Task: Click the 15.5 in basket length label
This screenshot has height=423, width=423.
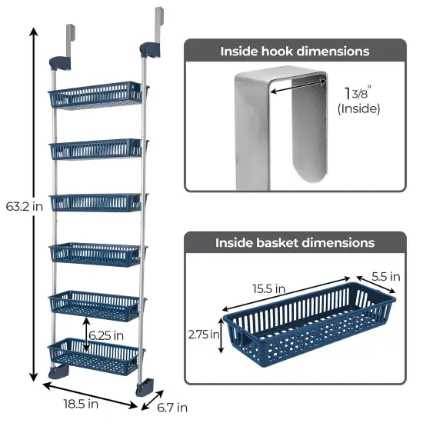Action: click(269, 289)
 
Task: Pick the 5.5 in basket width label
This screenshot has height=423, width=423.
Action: click(384, 276)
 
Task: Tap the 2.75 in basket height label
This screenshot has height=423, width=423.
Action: click(202, 335)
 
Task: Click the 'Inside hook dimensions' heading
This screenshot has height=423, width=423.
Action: click(295, 52)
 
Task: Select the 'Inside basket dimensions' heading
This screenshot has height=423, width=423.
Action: click(295, 242)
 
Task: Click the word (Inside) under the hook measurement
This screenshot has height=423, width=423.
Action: click(359, 108)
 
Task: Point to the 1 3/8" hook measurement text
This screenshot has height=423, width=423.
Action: click(358, 92)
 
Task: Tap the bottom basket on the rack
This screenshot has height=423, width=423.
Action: click(95, 355)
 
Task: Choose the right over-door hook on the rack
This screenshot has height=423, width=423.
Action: click(158, 27)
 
